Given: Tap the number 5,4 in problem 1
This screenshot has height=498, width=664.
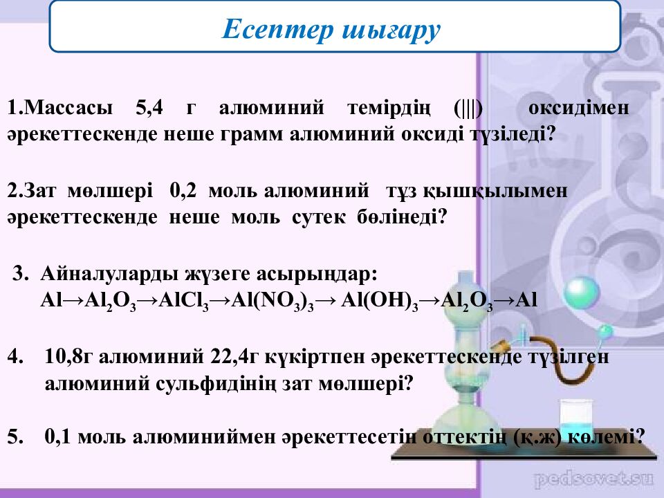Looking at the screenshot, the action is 149,108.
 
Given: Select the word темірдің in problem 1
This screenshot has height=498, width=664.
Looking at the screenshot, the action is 389,109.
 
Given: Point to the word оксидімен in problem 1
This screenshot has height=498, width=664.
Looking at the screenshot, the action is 578,108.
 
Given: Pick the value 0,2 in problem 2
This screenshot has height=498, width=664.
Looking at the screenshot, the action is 183,191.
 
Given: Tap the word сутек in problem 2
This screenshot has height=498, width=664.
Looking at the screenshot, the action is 318,217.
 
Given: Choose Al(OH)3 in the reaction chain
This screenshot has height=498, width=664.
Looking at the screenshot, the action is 380,301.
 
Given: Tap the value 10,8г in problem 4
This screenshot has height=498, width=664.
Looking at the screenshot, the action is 68,357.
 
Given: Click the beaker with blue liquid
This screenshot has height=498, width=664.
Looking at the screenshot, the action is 577,421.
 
